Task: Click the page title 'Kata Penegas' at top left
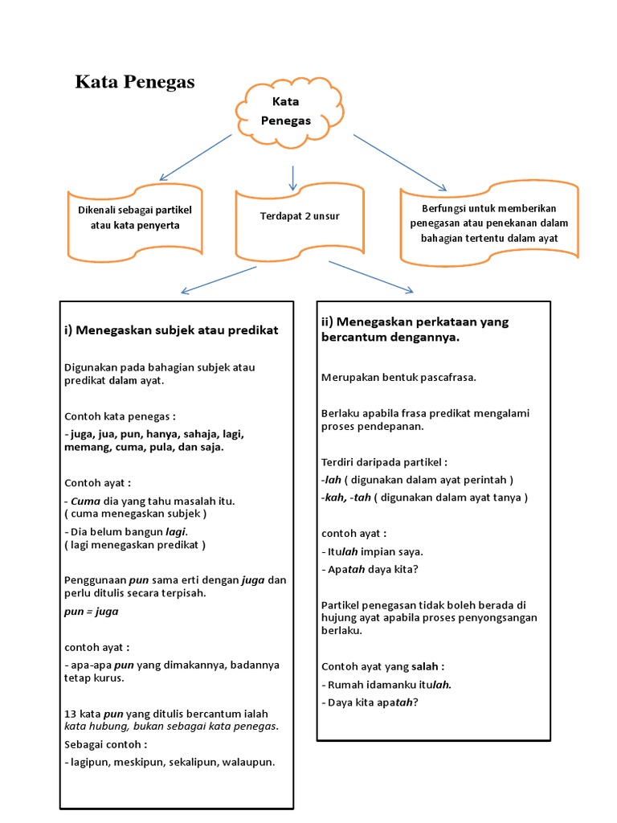tap(135, 82)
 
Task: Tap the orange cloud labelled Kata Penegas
tap(280, 112)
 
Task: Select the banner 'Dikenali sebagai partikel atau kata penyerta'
tap(135, 218)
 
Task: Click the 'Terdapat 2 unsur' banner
tap(300, 216)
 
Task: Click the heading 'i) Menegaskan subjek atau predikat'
tap(171, 330)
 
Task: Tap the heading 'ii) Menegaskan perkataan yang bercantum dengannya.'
tap(415, 330)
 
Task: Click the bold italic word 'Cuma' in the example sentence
tap(84, 501)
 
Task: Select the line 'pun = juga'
tap(91, 611)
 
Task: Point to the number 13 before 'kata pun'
tap(70, 713)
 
